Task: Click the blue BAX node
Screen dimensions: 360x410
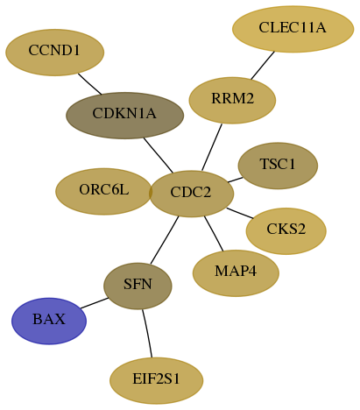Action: click(49, 321)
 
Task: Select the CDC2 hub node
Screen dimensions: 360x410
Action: click(192, 194)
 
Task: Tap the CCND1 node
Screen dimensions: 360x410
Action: click(55, 53)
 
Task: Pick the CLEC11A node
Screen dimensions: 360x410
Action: click(293, 29)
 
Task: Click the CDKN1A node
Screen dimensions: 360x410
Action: click(125, 116)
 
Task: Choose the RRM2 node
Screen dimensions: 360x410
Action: click(232, 100)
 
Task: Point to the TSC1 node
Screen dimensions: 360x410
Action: click(278, 166)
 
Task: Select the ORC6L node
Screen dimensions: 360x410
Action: click(103, 191)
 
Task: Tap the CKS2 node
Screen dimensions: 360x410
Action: click(286, 231)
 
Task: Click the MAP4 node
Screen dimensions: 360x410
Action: click(236, 273)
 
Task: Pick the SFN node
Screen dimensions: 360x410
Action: click(138, 286)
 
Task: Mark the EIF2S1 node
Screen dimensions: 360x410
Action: click(157, 380)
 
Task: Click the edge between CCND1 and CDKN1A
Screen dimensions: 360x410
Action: click(89, 84)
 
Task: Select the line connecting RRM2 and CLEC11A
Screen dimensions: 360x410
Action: click(263, 65)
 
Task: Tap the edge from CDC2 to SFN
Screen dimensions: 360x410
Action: click(165, 240)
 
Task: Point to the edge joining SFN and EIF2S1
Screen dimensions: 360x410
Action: click(147, 333)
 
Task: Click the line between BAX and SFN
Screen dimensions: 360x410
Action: click(95, 303)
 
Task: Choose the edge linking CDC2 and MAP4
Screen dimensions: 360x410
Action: click(214, 234)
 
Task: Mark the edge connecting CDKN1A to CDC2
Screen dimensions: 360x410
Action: click(159, 155)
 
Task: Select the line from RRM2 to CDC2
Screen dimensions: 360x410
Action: click(212, 147)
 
